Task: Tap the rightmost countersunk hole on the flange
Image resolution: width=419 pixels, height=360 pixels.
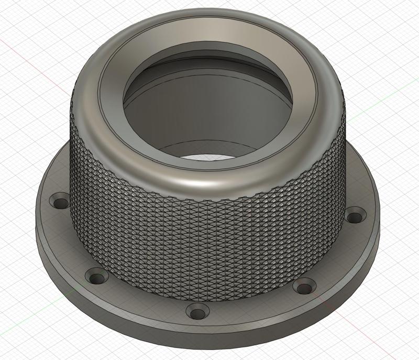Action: point(356,214)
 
